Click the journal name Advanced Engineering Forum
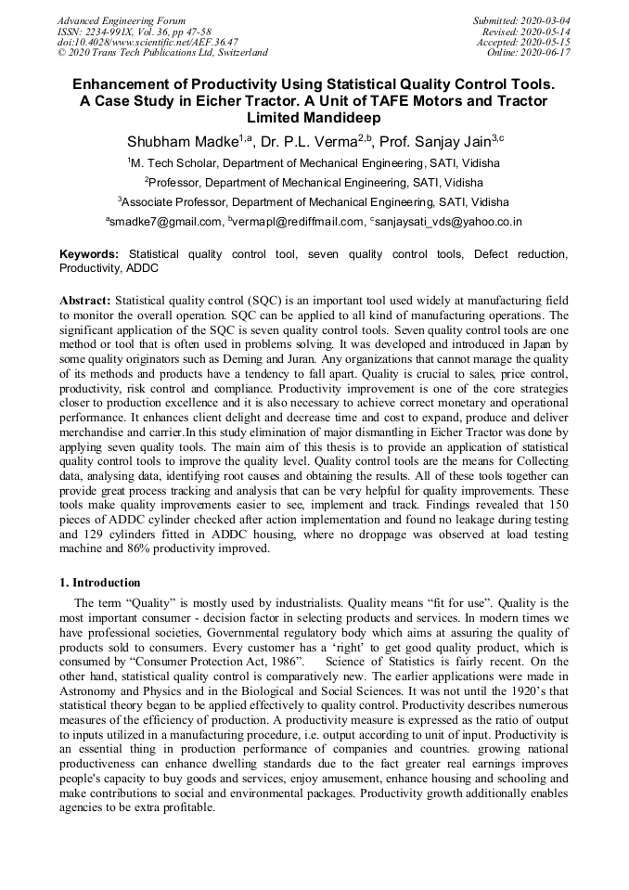pos(121,20)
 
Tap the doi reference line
pos(147,42)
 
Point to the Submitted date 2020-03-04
pos(523,20)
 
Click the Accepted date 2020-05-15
pos(524,42)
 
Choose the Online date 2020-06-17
pos(530,53)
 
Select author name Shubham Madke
pos(180,141)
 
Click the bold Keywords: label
pos(89,253)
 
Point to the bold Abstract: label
pos(85,301)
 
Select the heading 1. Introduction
pos(100,583)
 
